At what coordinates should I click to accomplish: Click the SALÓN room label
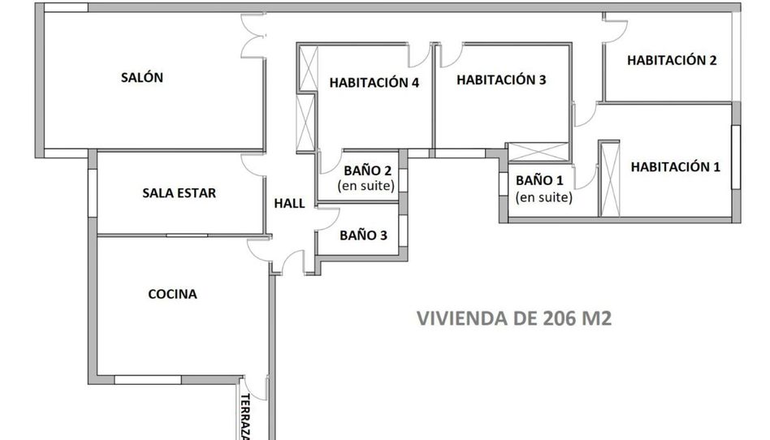142,77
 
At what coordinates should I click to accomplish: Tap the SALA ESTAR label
180,193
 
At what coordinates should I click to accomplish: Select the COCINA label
172,294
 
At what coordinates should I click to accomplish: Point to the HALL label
289,203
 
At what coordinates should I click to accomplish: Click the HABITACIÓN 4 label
374,83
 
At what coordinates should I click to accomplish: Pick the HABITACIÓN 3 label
501,80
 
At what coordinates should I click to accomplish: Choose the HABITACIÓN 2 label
672,60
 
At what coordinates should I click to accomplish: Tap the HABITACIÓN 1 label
675,167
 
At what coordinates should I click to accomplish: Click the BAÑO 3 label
363,235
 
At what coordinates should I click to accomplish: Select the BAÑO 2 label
368,170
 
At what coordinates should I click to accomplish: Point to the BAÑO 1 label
539,181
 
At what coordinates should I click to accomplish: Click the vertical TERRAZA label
246,416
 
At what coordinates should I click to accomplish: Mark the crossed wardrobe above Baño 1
539,152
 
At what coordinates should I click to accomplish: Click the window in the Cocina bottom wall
148,380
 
